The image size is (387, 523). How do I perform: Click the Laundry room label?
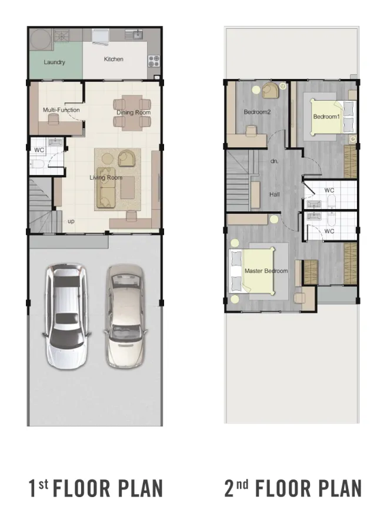[54, 62]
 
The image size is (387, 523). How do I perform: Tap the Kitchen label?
[114, 59]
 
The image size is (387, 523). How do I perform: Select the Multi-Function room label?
[61, 110]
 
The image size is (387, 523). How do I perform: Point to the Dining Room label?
[134, 112]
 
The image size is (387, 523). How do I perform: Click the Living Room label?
[106, 177]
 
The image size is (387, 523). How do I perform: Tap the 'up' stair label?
[71, 221]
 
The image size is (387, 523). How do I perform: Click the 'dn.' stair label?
[275, 161]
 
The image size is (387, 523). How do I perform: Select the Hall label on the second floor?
[275, 194]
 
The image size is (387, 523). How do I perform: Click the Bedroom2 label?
[257, 112]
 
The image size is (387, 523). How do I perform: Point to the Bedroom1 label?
[326, 117]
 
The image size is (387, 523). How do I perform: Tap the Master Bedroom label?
[266, 271]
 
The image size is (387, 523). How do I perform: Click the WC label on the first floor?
[39, 150]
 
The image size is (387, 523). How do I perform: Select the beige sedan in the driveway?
[125, 316]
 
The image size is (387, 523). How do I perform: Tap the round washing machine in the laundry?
[41, 39]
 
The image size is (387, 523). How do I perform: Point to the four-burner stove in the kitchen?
[154, 61]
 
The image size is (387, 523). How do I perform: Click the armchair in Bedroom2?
[271, 91]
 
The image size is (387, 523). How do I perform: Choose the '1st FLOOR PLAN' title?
[96, 488]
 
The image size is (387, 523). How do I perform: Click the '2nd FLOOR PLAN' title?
[293, 488]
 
